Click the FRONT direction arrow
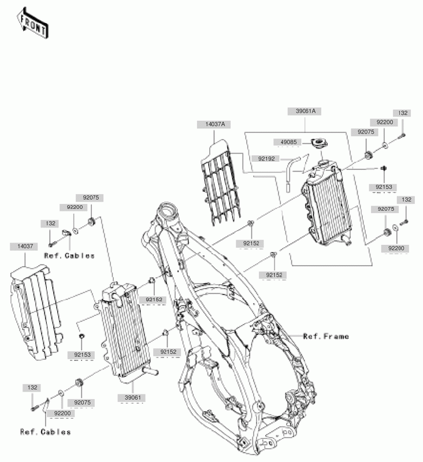click(x=32, y=23)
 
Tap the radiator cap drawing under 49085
click(x=318, y=144)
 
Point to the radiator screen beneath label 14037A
click(x=222, y=185)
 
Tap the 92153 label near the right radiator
click(x=384, y=187)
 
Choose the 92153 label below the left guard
click(x=82, y=355)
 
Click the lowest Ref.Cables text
click(x=46, y=431)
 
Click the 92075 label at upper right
click(x=367, y=132)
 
